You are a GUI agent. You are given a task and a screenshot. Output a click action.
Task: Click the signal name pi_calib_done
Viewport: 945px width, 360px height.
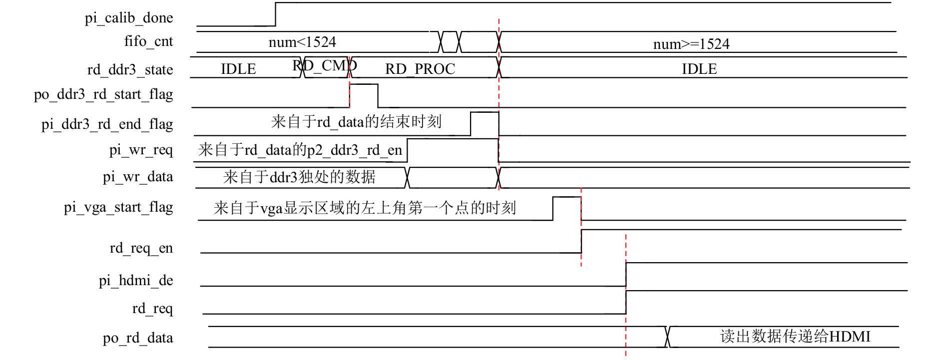point(129,18)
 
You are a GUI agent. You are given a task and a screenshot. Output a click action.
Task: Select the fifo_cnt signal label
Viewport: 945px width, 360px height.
point(148,41)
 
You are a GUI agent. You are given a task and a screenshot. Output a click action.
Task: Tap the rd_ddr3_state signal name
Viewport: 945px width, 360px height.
point(130,70)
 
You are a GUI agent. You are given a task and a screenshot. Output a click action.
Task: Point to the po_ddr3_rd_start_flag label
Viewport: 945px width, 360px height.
point(103,94)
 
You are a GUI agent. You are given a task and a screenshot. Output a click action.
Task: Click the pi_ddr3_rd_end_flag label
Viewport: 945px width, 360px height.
point(107,124)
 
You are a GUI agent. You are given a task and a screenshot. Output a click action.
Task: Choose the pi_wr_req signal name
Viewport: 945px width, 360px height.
point(141,150)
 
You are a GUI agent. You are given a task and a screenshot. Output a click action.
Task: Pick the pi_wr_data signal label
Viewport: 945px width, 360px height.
point(138,177)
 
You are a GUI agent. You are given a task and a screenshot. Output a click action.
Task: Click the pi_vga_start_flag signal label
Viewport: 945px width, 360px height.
point(118,207)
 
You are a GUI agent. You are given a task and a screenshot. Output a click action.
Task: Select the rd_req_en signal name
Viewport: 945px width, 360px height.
point(141,248)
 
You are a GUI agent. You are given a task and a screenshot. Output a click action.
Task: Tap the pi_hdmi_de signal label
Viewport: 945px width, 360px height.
point(136,281)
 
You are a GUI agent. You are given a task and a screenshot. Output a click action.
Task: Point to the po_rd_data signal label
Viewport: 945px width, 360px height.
point(138,338)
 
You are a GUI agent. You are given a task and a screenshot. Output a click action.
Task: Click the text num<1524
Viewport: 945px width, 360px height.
point(302,42)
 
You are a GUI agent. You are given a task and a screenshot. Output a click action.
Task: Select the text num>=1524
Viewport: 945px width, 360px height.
point(691,44)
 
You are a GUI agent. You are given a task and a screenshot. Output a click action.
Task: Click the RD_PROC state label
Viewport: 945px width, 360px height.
point(420,69)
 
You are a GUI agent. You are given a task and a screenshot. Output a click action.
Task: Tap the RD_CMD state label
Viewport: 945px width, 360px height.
point(325,65)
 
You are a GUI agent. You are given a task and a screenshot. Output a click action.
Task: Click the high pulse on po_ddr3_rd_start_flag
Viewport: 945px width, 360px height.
point(364,84)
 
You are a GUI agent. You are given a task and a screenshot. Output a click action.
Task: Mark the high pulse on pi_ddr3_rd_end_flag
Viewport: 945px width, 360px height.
point(484,112)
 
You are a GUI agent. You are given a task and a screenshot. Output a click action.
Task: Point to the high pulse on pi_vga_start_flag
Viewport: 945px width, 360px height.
point(567,197)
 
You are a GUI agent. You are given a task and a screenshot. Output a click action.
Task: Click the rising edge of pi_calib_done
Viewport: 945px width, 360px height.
point(275,14)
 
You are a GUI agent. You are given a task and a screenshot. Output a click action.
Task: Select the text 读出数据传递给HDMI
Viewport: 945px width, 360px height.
point(795,337)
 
